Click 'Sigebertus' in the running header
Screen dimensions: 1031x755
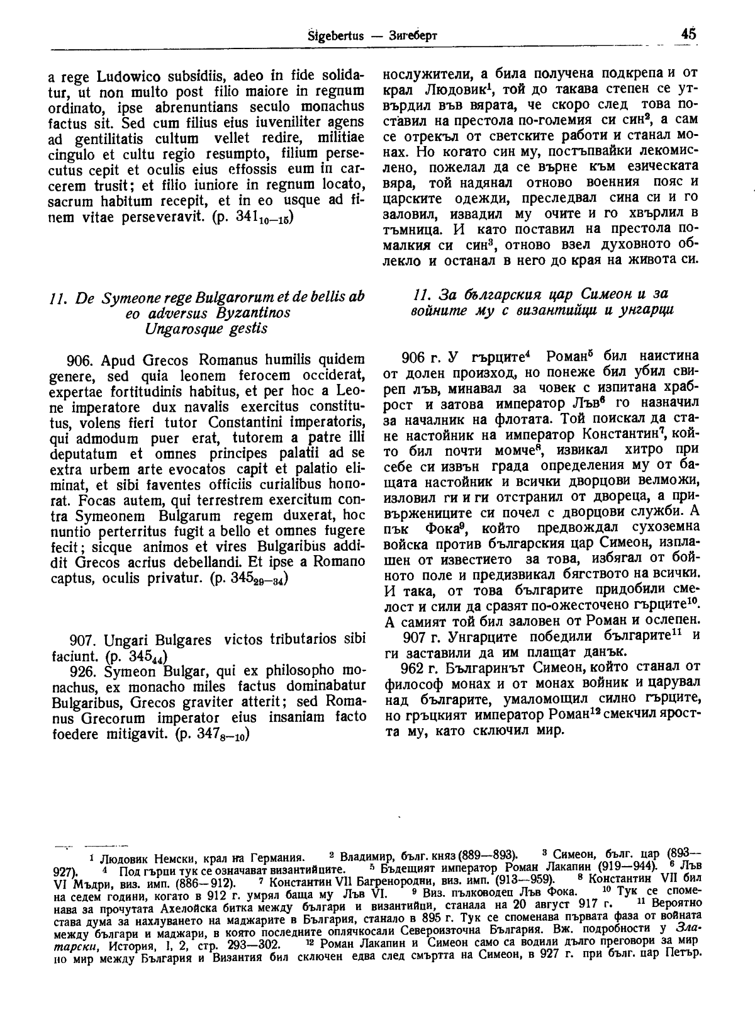(337, 35)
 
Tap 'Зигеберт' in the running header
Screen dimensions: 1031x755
(413, 35)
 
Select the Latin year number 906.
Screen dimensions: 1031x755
(80, 360)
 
